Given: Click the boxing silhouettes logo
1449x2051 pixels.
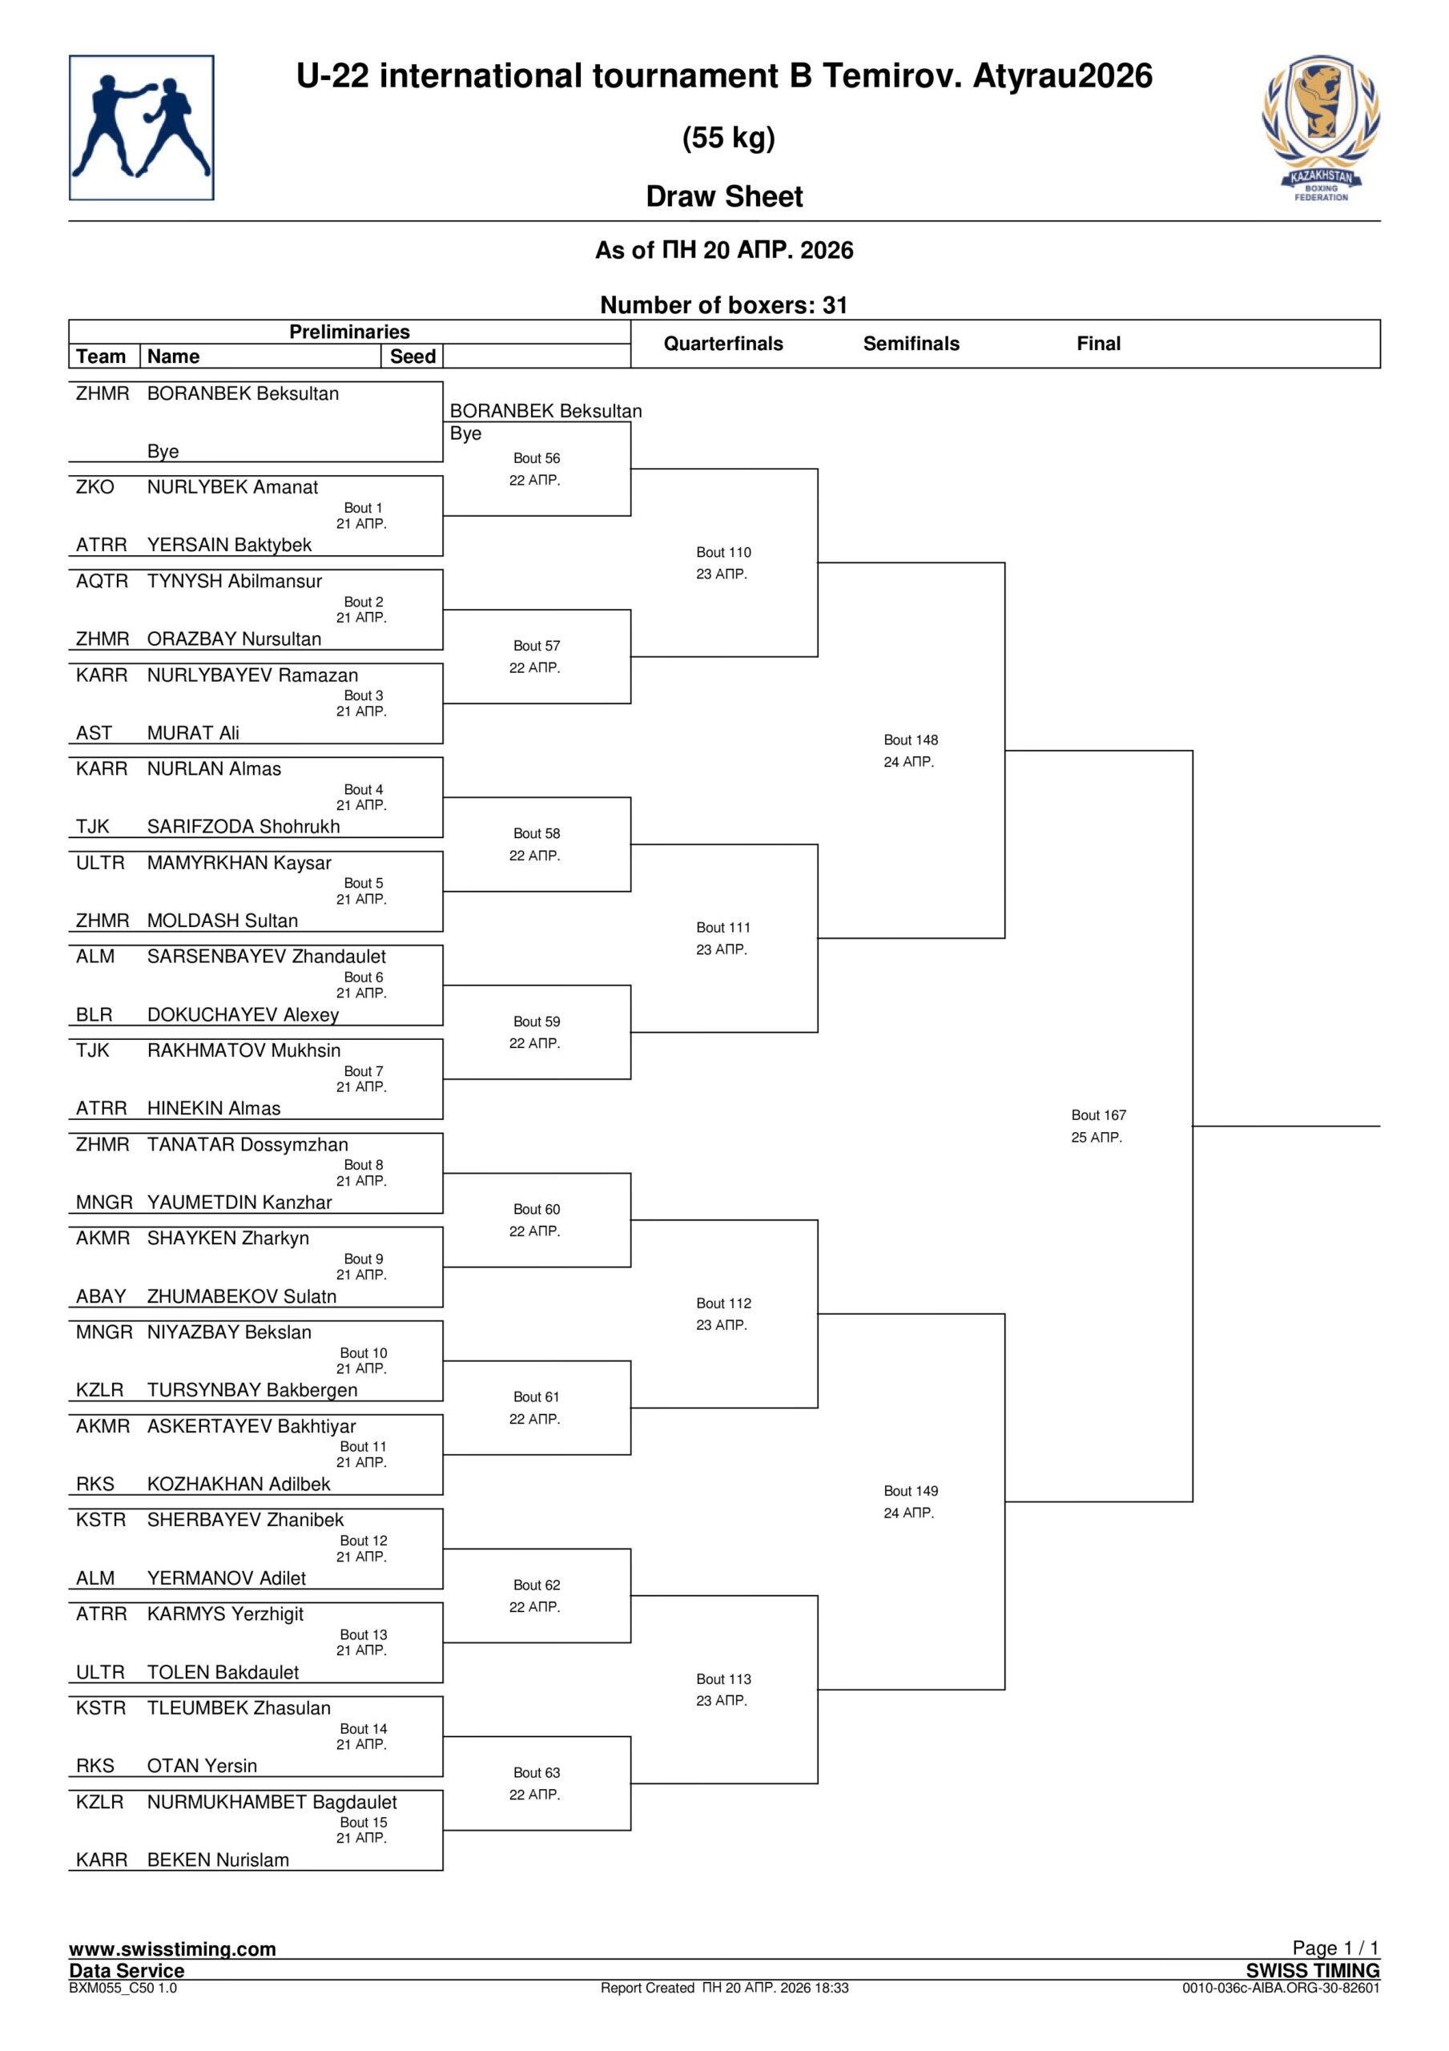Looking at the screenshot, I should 141,127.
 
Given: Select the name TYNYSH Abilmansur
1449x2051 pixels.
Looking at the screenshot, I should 234,582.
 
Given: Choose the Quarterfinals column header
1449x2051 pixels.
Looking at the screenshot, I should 722,344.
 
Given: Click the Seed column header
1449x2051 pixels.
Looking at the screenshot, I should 412,357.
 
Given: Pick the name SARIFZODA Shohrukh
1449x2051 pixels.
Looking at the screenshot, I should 243,827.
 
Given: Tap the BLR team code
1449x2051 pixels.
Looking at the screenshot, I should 94,1015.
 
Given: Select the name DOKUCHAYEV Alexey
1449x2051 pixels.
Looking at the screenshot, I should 243,1015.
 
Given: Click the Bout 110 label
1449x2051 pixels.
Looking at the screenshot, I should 723,552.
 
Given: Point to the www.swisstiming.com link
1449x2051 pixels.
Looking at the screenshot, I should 172,1949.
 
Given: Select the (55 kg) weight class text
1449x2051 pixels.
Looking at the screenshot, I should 728,138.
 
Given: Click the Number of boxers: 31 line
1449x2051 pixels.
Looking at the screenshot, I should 723,305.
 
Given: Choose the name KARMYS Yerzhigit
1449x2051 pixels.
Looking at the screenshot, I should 225,1614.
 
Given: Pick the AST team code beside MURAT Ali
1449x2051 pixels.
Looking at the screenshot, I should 94,733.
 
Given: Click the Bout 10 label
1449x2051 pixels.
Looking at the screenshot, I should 363,1353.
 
